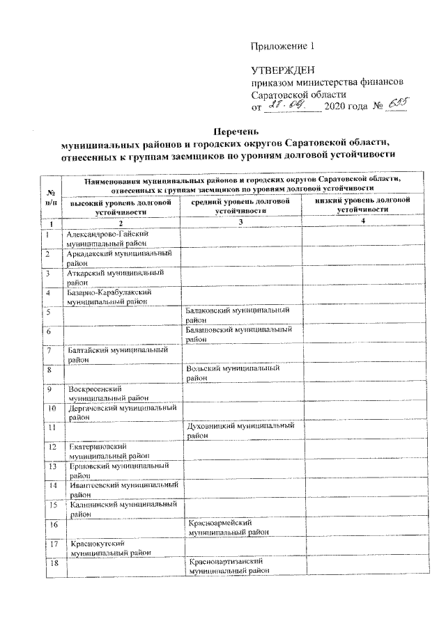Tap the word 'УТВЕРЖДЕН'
point(283,70)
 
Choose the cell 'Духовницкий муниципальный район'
point(240,429)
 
